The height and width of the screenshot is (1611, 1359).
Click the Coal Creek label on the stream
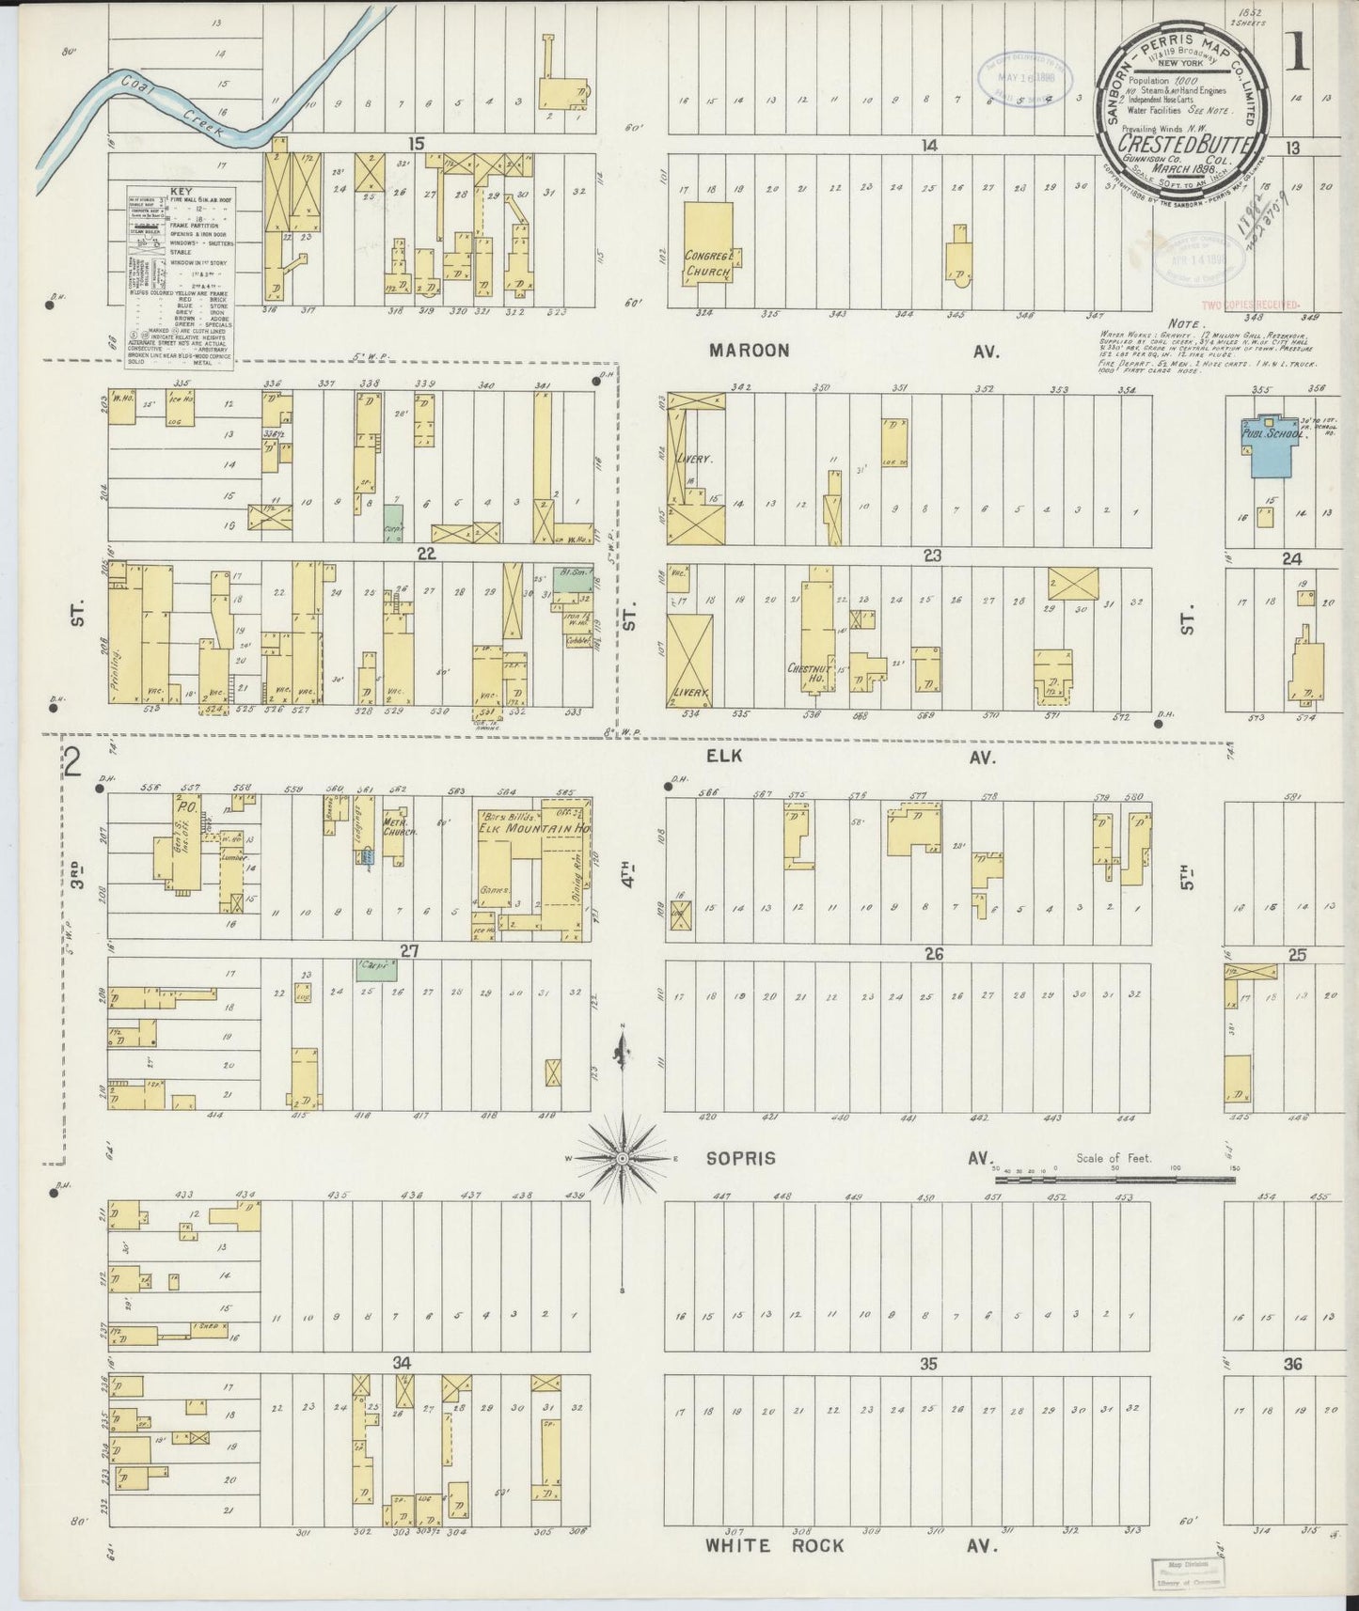(x=173, y=109)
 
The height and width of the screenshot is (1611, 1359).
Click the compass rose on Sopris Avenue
(x=622, y=1159)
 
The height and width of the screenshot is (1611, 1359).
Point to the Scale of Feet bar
(x=1114, y=1177)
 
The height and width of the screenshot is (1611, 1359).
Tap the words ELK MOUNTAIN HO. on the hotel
(x=532, y=830)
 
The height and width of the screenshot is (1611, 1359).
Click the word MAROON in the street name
(x=750, y=351)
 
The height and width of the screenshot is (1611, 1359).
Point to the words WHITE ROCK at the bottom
(x=775, y=1545)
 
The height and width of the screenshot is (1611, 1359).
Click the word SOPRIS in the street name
(x=743, y=1158)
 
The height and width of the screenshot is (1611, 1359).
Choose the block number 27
(x=408, y=950)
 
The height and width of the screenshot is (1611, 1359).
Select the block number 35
(x=928, y=1364)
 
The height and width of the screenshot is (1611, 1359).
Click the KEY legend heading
(x=182, y=191)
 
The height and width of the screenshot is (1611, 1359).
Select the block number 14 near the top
(x=930, y=145)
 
